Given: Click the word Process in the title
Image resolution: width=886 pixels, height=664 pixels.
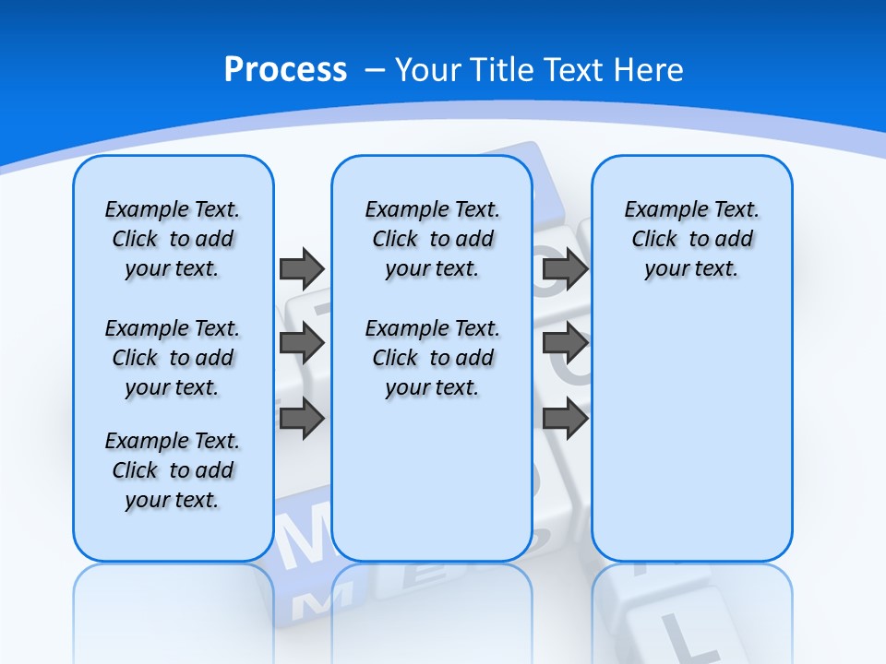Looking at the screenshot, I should point(285,70).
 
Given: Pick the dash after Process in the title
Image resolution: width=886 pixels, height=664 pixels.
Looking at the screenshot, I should point(375,71).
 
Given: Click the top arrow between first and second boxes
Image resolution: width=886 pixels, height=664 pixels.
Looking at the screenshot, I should point(302,268).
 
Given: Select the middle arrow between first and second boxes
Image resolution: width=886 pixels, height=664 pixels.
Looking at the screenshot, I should point(302,343).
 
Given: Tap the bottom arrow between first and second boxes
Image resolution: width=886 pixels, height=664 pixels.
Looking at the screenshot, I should point(302,418).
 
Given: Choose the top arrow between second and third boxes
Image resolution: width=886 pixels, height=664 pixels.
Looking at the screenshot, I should point(566,268).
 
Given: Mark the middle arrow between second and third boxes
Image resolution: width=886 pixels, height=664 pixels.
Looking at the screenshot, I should point(566,343).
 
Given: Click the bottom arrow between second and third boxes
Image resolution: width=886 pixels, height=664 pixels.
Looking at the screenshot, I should point(566,418).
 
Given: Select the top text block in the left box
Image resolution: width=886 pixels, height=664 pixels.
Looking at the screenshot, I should point(173,239).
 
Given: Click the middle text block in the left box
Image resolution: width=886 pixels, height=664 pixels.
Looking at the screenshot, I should point(173,358).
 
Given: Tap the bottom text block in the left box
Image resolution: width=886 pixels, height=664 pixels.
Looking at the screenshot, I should point(173,470).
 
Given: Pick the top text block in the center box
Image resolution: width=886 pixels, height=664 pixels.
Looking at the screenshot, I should point(432,239).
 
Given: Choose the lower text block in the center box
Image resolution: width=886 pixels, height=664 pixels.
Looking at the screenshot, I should point(432,358).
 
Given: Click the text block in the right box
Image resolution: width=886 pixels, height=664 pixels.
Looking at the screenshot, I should point(691,239).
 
